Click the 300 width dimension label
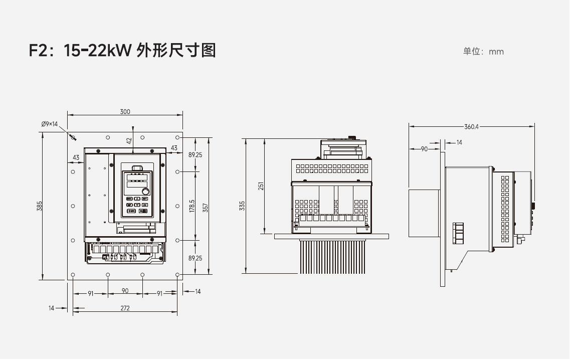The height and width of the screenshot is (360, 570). coord(125,111)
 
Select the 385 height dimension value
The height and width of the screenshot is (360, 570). coord(40,206)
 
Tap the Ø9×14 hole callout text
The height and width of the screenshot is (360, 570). coord(50,123)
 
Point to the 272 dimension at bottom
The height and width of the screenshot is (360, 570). coord(125,308)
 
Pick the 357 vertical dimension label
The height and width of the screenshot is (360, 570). coord(206,206)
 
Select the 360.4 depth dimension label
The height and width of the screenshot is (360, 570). coord(471,126)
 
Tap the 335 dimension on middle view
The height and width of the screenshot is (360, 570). coord(243,206)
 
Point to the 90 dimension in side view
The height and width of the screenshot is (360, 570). coord(424,149)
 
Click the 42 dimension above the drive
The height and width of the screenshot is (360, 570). coord(129,141)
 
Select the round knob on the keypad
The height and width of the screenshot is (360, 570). coord(145,192)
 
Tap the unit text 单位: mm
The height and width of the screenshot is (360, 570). coord(483,52)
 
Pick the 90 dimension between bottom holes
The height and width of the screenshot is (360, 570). coord(125,291)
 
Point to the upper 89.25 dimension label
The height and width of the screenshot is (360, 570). coord(195,155)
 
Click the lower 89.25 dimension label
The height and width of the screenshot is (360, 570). coord(195,258)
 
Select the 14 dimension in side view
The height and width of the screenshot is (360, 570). coord(459,143)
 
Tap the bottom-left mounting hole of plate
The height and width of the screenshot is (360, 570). coord(73,275)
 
